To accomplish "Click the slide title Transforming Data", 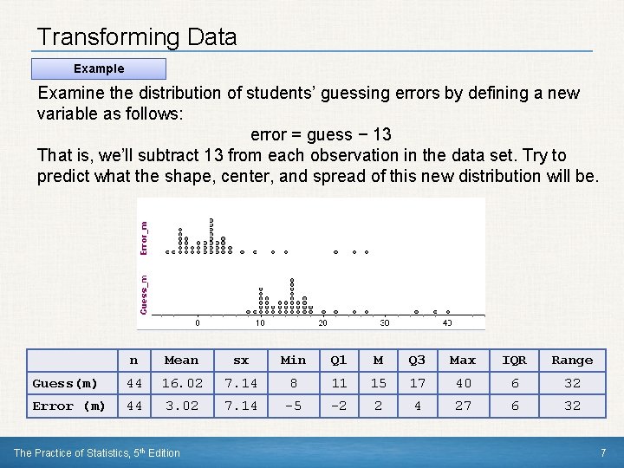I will coord(137,37).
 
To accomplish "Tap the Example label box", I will coord(99,68).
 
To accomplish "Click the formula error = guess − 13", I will coord(321,134).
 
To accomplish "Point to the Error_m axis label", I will coord(145,237).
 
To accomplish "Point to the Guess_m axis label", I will coord(145,294).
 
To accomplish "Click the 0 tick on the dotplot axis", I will coord(197,323).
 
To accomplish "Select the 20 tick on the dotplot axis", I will coord(322,323).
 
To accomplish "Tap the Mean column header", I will coord(181,361).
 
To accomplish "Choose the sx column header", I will coord(241,361).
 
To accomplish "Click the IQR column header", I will coord(515,361).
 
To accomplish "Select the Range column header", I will coord(572,361).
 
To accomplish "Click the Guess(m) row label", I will coord(65,383).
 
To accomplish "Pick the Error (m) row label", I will coord(68,406).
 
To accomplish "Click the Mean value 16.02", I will coord(181,383).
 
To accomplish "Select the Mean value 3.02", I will coord(181,406).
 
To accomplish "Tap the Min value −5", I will coord(293,406).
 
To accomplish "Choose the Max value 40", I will coord(463,383).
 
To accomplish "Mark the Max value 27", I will coord(463,406).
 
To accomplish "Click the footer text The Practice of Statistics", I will coord(97,452).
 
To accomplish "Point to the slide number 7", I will coord(602,452).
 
